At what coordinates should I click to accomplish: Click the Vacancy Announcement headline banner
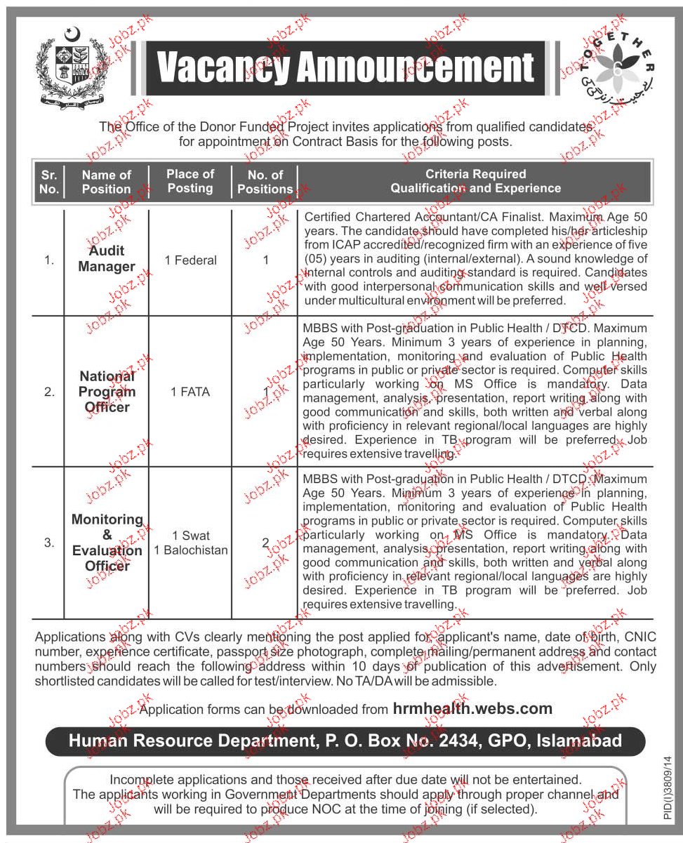[345, 68]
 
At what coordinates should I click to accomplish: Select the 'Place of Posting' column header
[190, 181]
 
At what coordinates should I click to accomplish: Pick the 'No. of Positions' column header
[265, 182]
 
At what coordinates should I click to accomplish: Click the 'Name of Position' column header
[106, 182]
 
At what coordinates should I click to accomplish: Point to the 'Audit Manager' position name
[107, 259]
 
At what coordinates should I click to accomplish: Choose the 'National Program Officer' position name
[107, 392]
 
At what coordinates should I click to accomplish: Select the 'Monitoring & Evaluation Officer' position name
[107, 543]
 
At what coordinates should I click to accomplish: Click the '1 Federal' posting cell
[190, 260]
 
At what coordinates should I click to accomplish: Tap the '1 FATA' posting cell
[190, 392]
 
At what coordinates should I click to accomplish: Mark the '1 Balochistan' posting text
[191, 550]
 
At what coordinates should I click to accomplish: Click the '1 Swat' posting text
[191, 536]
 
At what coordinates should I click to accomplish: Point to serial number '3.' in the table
[49, 543]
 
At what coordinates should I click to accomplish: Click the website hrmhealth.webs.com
[472, 709]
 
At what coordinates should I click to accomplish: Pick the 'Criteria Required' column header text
[475, 174]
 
